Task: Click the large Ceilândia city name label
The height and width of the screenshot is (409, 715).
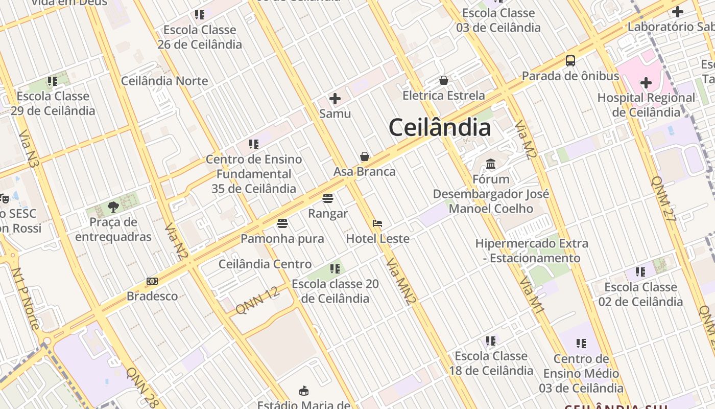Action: click(440, 127)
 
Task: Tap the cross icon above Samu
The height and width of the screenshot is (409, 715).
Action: click(335, 99)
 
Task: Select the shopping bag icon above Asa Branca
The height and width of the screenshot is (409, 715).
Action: click(365, 156)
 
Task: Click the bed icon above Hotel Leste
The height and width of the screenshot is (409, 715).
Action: click(377, 223)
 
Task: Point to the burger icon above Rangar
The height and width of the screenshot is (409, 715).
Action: click(328, 198)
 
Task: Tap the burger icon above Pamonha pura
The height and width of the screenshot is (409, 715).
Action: click(282, 223)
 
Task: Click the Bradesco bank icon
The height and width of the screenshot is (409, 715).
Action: click(152, 281)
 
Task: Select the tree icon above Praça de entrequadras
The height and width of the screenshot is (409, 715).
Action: click(113, 207)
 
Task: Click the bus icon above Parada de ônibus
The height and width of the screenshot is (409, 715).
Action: click(570, 61)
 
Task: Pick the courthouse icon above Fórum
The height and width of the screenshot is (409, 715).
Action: click(491, 164)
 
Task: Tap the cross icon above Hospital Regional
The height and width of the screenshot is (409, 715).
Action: click(646, 82)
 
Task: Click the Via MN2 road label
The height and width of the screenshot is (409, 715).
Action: click(401, 281)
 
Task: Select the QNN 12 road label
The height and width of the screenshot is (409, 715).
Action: click(258, 300)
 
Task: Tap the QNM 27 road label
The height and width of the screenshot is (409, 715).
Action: click(664, 199)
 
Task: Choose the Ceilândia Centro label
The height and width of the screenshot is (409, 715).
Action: click(265, 264)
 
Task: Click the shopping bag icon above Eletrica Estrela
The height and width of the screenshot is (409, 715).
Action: click(444, 80)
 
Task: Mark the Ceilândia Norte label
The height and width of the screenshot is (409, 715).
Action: click(164, 81)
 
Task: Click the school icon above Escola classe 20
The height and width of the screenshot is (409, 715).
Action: click(335, 268)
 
